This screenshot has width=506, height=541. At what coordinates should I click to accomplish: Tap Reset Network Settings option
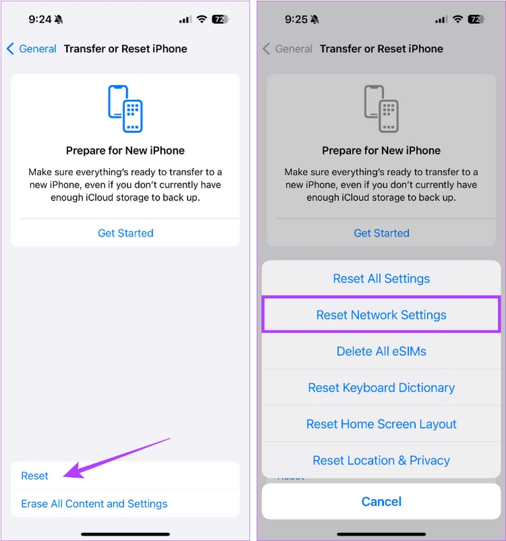pyautogui.click(x=381, y=314)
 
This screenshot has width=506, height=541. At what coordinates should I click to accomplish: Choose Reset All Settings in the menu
pyautogui.click(x=381, y=279)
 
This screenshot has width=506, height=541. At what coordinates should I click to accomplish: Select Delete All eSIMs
pyautogui.click(x=381, y=351)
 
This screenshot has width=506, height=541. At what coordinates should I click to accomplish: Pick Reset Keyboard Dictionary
pyautogui.click(x=381, y=387)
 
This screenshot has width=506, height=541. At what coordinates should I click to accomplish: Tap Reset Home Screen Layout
pyautogui.click(x=381, y=424)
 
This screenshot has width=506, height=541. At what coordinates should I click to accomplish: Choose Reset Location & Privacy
pyautogui.click(x=381, y=460)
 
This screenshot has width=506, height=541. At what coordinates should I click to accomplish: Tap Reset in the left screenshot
pyautogui.click(x=34, y=476)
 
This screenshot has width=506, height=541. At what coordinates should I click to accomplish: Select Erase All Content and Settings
pyautogui.click(x=94, y=504)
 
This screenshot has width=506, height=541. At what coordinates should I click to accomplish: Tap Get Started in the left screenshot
pyautogui.click(x=125, y=233)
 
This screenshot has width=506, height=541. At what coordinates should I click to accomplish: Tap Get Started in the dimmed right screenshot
pyautogui.click(x=381, y=233)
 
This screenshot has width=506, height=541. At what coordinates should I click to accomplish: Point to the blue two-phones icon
pyautogui.click(x=125, y=109)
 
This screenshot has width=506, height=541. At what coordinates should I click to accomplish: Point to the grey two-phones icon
pyautogui.click(x=381, y=109)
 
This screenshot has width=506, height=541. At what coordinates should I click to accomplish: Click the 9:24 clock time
pyautogui.click(x=40, y=20)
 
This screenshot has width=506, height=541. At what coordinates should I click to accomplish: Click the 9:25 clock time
pyautogui.click(x=296, y=20)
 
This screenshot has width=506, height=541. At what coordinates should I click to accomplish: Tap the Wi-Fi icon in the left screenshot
pyautogui.click(x=202, y=19)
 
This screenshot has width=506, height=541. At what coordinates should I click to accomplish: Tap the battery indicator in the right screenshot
pyautogui.click(x=476, y=20)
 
